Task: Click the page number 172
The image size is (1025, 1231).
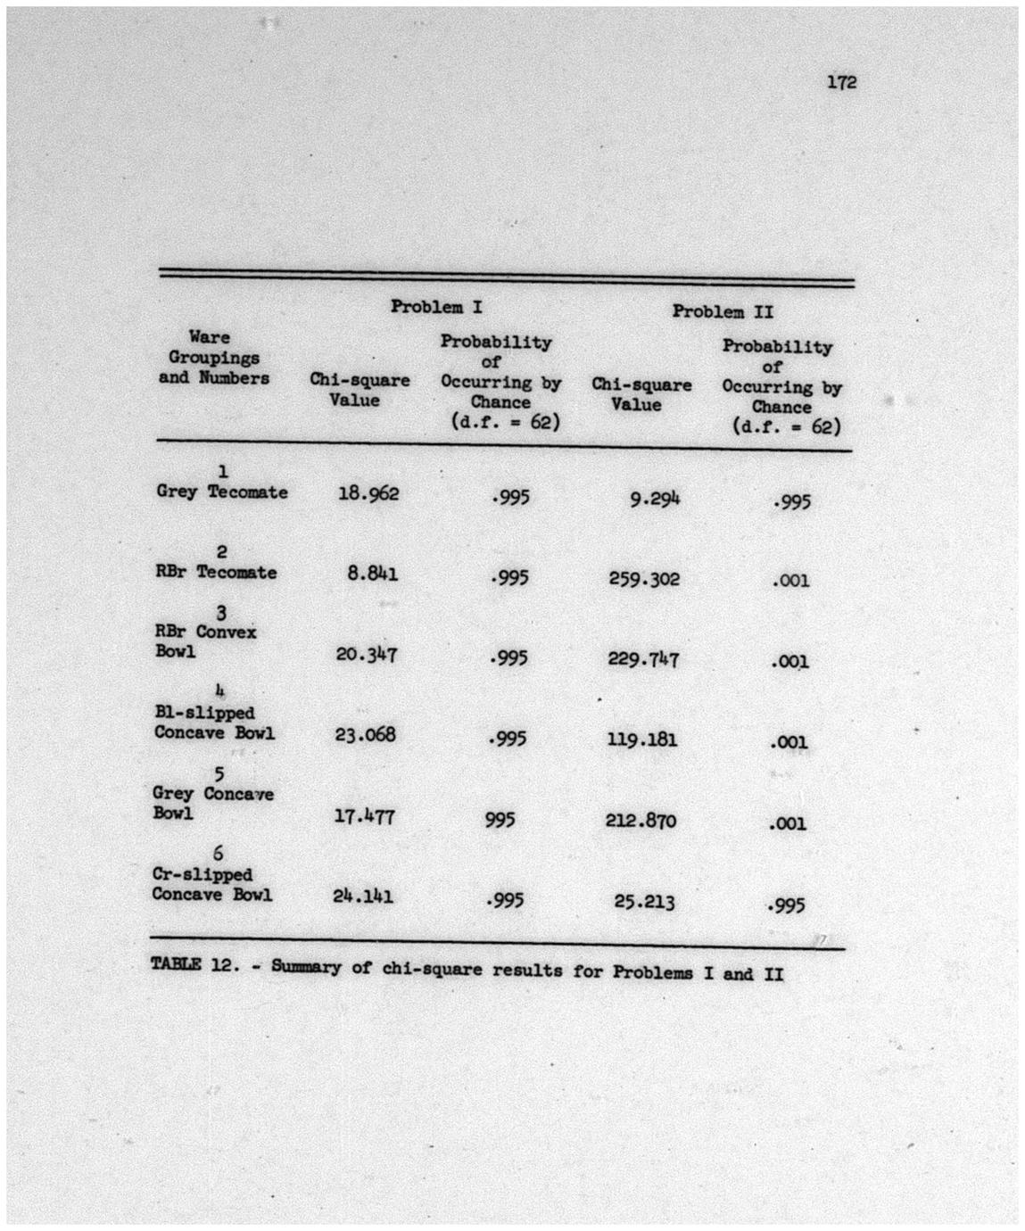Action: (841, 82)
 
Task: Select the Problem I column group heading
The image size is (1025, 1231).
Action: (436, 307)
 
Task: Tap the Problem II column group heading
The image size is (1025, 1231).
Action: (723, 311)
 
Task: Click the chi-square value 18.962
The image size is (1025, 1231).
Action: (368, 493)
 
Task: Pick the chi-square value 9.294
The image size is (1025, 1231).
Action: (655, 499)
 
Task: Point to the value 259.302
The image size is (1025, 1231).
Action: (644, 579)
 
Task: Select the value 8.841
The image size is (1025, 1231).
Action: (373, 574)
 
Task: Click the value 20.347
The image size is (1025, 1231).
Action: (367, 655)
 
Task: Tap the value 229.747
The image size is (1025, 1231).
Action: (643, 659)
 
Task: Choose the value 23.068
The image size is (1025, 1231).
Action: (365, 735)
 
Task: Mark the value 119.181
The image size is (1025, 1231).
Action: (642, 739)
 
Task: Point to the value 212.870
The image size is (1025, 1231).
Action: (641, 821)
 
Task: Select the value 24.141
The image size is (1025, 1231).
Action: (363, 896)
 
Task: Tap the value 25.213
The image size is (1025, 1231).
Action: (644, 902)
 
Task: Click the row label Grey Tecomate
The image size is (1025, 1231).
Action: (222, 492)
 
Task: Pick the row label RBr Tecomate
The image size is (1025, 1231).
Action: (216, 573)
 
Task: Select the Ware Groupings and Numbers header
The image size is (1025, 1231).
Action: (213, 358)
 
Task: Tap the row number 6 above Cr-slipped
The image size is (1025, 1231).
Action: (218, 855)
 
